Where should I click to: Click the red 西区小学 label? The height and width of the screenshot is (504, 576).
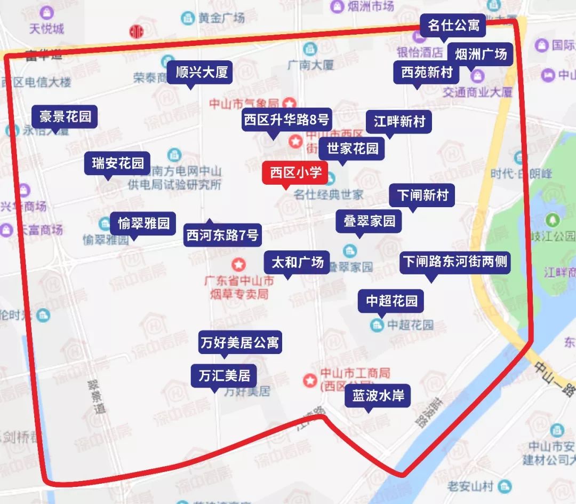click(x=295, y=173)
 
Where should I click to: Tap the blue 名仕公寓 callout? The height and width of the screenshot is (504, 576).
click(x=453, y=25)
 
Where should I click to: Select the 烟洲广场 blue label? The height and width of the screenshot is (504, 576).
click(x=481, y=54)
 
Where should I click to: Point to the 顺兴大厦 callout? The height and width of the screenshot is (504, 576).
click(x=202, y=72)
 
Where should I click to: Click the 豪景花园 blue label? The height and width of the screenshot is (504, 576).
click(x=65, y=116)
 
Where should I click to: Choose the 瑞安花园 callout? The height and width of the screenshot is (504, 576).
click(x=118, y=163)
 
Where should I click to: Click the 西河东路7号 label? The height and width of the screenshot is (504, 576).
click(x=222, y=235)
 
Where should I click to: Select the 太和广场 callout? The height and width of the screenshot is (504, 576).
click(x=298, y=263)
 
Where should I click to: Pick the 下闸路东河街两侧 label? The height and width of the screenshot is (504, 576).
click(x=455, y=262)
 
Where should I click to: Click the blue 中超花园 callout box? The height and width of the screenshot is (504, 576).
click(x=391, y=301)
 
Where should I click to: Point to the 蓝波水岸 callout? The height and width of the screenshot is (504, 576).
click(x=378, y=396)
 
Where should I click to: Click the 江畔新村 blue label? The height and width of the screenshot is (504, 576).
click(x=399, y=121)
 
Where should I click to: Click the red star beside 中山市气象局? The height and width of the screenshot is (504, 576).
click(x=290, y=103)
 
